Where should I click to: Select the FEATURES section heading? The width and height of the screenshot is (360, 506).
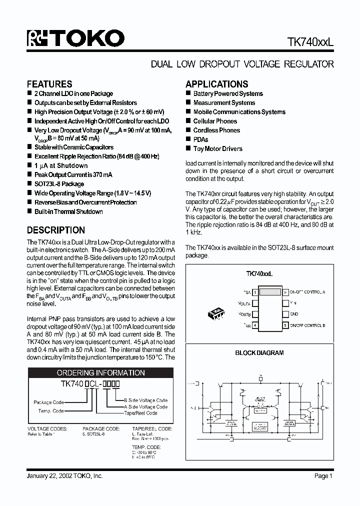[x=49, y=84]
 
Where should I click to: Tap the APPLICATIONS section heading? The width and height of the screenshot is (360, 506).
[x=216, y=84]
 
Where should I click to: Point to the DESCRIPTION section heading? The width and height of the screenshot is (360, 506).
[x=55, y=230]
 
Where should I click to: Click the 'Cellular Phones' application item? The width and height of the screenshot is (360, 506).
[x=215, y=121]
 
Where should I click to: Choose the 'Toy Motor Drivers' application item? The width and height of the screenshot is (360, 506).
[x=217, y=148]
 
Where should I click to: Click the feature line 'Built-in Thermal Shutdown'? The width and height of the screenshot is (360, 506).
[x=68, y=211]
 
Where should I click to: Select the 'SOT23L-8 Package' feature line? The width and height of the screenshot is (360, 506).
[x=59, y=184]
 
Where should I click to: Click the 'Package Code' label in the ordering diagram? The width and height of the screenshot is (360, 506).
[x=49, y=402]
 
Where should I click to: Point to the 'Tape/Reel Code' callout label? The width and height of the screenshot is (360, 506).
[x=140, y=413]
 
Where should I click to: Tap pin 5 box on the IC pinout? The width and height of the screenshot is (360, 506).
[x=285, y=325]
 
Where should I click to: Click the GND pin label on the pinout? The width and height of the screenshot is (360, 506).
[x=293, y=314]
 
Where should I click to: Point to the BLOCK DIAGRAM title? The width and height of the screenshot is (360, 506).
[x=259, y=352]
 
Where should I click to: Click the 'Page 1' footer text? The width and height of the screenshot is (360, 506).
[x=323, y=476]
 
